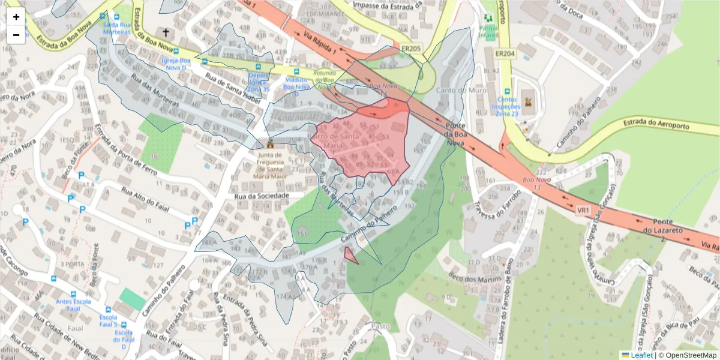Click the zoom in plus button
tap(16, 17)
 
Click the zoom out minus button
tap(16, 35)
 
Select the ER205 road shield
tap(411, 48)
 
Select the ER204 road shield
tap(505, 53)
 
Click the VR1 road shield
tap(583, 211)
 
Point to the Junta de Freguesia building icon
tap(270, 144)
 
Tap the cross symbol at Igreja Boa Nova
tap(166, 31)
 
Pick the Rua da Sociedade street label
tap(262, 196)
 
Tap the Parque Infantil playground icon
tap(487, 17)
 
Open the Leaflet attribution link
tap(641, 355)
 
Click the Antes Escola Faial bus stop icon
tap(54, 279)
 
